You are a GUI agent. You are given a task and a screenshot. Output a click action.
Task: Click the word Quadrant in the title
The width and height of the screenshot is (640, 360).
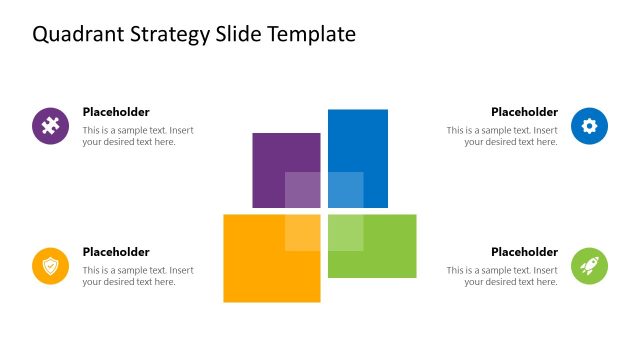click(x=75, y=35)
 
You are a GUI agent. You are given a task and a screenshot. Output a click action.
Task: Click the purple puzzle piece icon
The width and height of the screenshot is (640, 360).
click(x=50, y=126)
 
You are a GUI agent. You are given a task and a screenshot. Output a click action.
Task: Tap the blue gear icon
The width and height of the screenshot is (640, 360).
click(x=589, y=126)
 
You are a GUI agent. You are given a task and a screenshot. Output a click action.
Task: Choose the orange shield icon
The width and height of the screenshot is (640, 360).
click(x=50, y=266)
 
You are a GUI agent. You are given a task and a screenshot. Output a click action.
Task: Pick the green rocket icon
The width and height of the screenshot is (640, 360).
click(x=589, y=266)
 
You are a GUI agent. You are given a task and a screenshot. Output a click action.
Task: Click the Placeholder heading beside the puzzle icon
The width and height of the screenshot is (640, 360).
click(x=116, y=112)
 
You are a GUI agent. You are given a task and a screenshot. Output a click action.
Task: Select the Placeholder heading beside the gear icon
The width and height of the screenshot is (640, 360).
click(x=524, y=112)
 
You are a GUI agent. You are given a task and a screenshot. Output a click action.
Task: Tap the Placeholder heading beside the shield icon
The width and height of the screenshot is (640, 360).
click(x=116, y=252)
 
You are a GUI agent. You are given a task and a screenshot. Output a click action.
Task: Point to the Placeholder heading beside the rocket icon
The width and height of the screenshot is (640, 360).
click(x=524, y=252)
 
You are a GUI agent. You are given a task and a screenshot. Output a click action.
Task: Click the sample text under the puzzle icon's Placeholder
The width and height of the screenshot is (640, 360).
click(x=138, y=136)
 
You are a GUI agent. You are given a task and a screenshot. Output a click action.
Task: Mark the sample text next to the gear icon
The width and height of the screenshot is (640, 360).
click(x=502, y=136)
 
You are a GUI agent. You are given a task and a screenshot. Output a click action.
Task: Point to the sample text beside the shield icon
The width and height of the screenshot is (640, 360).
click(x=138, y=276)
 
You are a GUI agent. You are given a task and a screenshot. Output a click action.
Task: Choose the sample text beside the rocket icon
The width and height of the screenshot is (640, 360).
click(x=502, y=276)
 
